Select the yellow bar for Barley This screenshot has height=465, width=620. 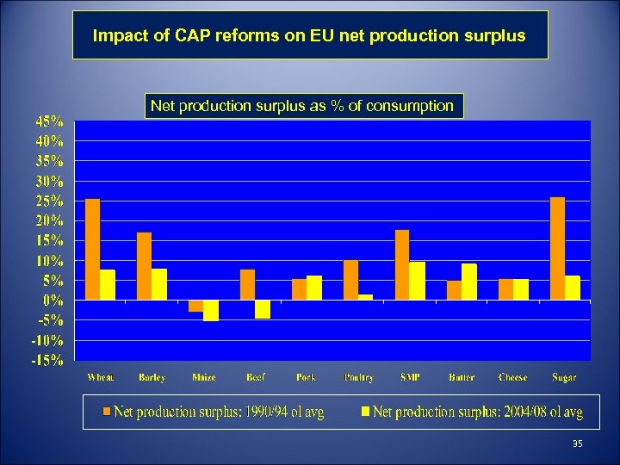(159, 284)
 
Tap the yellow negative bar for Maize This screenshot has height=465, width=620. (211, 310)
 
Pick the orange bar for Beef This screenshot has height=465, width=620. (248, 284)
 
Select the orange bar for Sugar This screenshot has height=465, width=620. (558, 249)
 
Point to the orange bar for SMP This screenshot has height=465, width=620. (403, 265)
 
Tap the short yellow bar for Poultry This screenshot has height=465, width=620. (366, 297)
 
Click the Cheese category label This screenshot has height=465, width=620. (513, 377)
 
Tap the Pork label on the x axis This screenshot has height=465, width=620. (307, 377)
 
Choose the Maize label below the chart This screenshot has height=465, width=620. (203, 377)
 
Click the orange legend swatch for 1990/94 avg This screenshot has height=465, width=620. (108, 412)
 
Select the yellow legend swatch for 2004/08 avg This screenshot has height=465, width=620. (365, 412)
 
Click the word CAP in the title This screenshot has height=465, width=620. (191, 37)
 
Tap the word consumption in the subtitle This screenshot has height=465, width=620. (412, 106)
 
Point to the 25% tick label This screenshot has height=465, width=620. (49, 201)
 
